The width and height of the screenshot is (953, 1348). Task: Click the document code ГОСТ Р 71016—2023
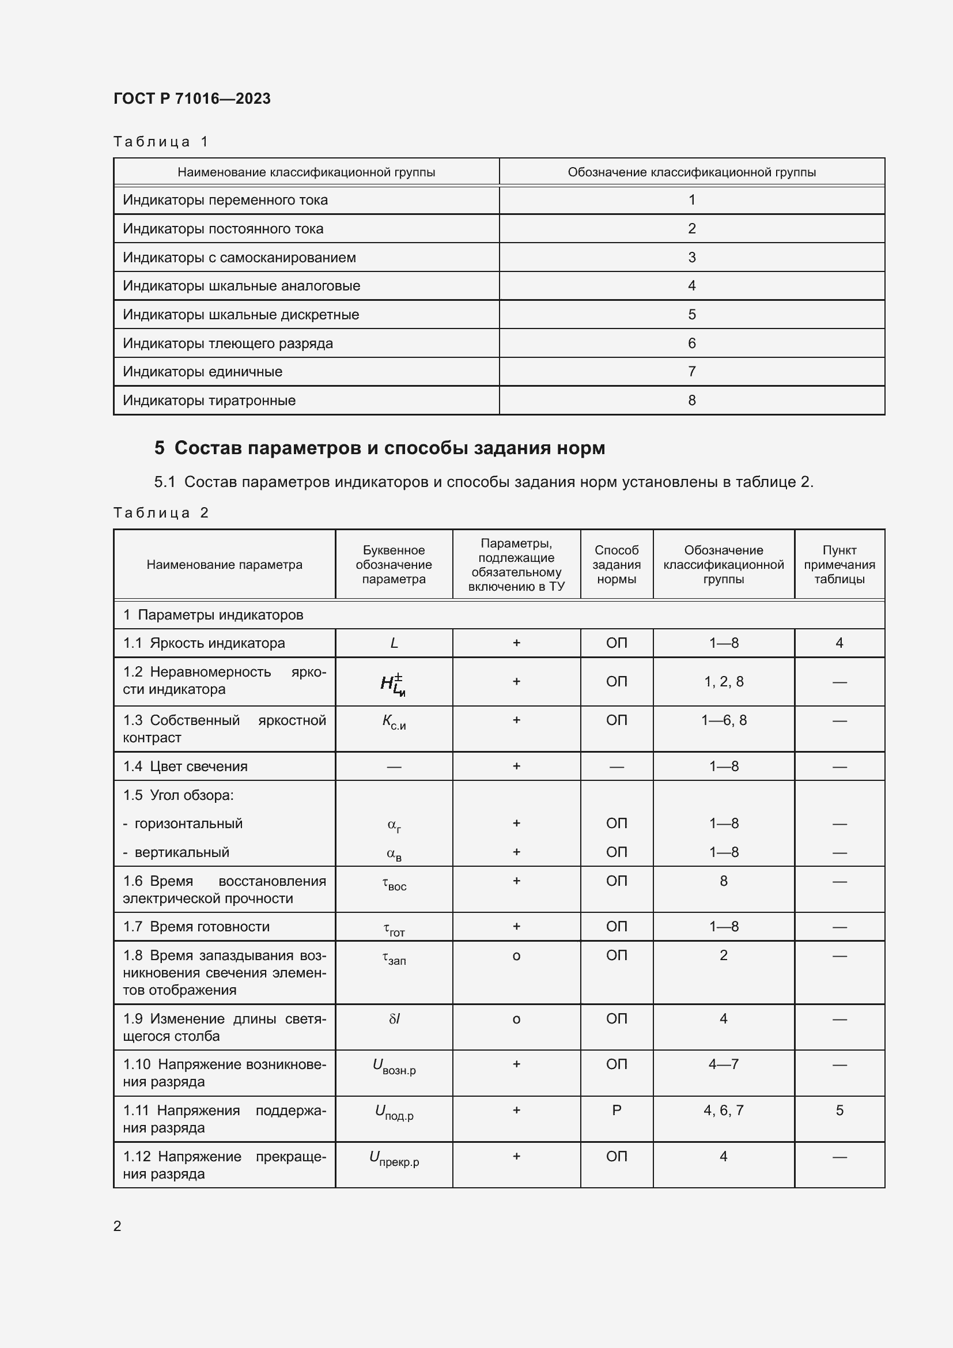[x=192, y=98]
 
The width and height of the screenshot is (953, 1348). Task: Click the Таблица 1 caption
[x=161, y=142]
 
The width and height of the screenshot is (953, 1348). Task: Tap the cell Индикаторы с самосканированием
[x=239, y=257]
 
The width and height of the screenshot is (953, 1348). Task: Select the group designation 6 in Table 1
[x=691, y=343]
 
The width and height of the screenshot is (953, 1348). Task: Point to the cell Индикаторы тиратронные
[x=209, y=401]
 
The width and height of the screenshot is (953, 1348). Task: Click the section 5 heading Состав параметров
[x=379, y=448]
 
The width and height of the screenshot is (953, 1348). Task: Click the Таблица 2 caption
[x=161, y=512]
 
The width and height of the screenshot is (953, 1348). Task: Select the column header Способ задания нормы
[x=616, y=564]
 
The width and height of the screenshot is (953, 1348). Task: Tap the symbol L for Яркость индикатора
[x=394, y=643]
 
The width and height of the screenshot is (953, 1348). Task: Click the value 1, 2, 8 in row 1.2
[x=723, y=682]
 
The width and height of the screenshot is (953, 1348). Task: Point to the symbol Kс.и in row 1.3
[x=394, y=722]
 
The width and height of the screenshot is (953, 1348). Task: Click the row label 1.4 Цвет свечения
[x=186, y=766]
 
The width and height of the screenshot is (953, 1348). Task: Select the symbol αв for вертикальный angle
[x=394, y=854]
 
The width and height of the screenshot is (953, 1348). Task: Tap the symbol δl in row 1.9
[x=394, y=1018]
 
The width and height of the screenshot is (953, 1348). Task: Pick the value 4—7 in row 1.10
[x=723, y=1064]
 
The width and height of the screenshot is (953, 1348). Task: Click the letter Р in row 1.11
[x=616, y=1110]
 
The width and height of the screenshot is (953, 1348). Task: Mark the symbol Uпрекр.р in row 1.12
[x=394, y=1158]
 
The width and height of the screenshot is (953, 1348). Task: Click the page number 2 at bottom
[x=118, y=1226]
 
